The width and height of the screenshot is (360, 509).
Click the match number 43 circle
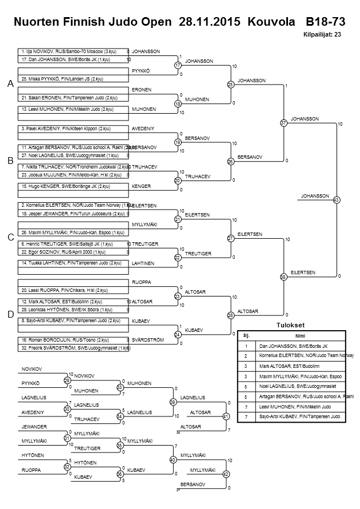336,200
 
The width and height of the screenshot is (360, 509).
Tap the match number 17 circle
178,65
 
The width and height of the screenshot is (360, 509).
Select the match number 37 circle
283,123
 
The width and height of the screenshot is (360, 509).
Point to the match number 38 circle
283,277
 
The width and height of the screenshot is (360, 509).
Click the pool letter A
10,84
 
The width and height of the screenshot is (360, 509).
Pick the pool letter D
10,314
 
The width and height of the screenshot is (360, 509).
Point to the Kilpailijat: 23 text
322,34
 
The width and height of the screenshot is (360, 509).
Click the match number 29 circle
67,380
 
